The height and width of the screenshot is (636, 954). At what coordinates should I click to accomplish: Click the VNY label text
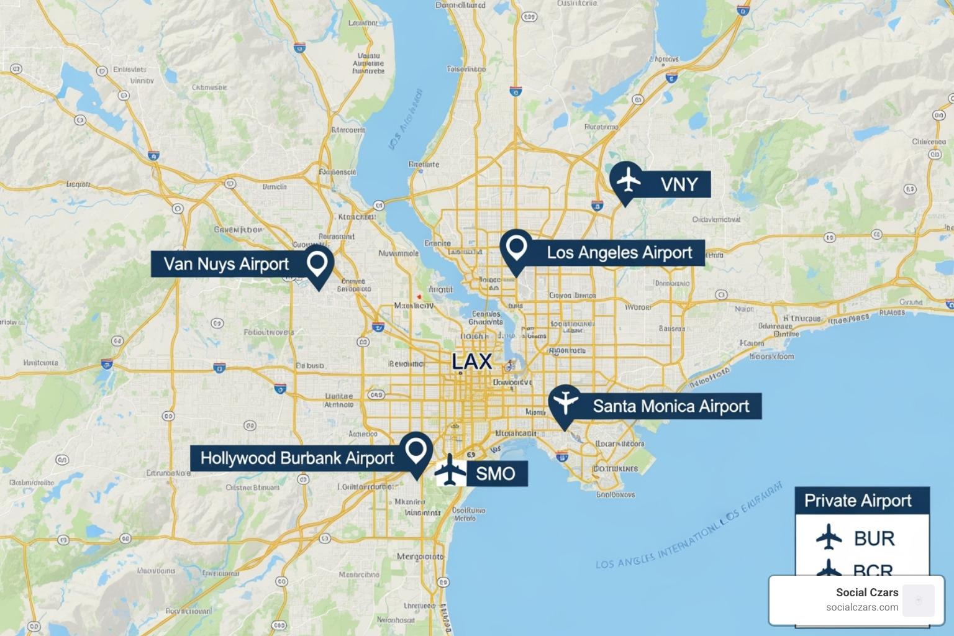tap(679, 184)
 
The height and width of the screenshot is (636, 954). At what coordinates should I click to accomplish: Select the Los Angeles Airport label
tap(619, 253)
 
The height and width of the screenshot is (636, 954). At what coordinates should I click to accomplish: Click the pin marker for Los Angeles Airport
tap(516, 248)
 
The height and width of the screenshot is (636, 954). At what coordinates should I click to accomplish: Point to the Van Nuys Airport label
tap(226, 264)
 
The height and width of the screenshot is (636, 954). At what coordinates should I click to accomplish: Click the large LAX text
tap(472, 361)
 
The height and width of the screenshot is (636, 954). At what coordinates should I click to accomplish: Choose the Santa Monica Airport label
tap(671, 406)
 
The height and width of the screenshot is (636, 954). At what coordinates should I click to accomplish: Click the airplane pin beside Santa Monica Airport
tap(565, 402)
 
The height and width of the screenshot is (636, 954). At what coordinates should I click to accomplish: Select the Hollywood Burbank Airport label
tap(297, 458)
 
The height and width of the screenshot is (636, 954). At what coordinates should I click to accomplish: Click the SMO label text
tap(496, 474)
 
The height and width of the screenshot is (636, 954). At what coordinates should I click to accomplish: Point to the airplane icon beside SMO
tap(450, 471)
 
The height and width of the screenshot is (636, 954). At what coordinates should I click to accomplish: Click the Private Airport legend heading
tap(858, 501)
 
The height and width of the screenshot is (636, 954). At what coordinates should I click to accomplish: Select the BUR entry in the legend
tap(874, 538)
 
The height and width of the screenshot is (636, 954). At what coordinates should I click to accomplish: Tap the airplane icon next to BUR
tap(829, 537)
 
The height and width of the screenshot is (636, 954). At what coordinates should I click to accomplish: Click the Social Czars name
tap(867, 593)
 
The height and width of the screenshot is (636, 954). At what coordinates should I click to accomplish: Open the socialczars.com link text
tap(862, 607)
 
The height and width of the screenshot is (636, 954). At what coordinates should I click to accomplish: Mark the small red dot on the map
tap(419, 297)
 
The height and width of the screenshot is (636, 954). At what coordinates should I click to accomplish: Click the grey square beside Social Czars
tap(919, 601)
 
